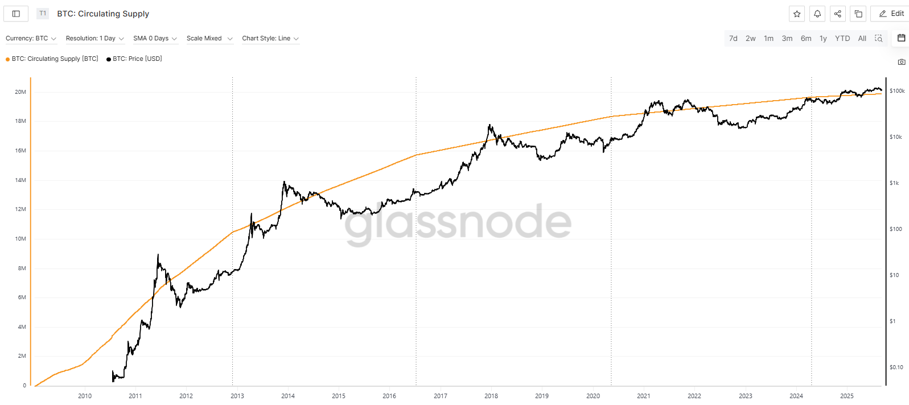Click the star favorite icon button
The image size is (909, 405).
coord(797,14)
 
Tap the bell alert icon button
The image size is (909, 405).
coord(817,14)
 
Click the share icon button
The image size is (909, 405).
coord(838,14)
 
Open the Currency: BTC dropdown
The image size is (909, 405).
coord(31,39)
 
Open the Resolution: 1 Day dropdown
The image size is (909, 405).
coord(94,39)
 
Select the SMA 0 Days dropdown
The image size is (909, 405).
coord(155,39)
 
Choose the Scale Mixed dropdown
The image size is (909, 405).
coord(209,39)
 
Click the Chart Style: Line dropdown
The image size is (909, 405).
coord(270,39)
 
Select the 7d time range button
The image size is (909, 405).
coord(733,39)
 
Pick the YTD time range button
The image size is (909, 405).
coord(842,39)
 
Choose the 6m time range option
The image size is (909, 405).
coord(806,39)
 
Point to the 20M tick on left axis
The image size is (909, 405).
coord(20,92)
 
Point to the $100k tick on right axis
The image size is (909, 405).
coord(897,91)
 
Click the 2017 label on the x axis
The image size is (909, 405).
coord(441,396)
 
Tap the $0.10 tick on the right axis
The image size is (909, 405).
coord(896,367)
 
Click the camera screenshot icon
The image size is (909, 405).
coord(902,62)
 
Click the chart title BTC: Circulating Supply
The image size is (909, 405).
coord(103,14)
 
